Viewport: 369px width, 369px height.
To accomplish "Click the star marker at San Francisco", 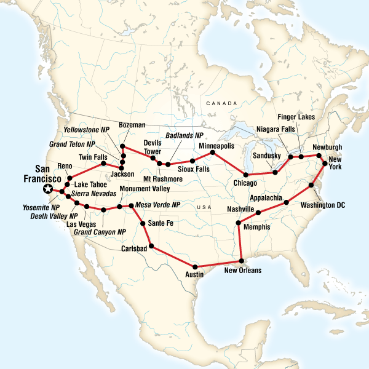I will click(47, 189).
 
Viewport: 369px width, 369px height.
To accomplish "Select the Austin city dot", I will click(195, 266).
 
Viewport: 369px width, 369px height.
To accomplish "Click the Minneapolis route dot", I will click(212, 152).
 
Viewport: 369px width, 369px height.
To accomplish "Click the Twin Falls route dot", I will click(103, 164).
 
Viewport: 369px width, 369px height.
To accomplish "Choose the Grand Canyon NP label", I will click(100, 232).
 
